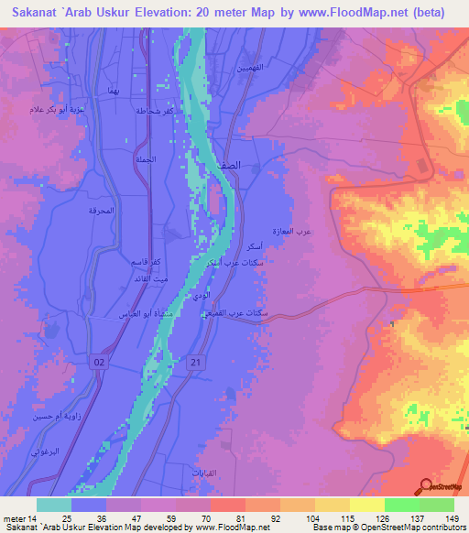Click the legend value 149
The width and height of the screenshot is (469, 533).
tap(452, 518)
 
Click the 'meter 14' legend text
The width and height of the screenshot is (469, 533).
tap(18, 518)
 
